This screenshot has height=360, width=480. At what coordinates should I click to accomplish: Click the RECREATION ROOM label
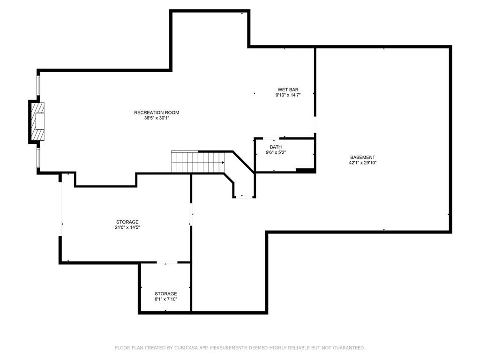coord(157,112)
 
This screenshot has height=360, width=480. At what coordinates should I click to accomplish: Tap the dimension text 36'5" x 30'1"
coord(157,118)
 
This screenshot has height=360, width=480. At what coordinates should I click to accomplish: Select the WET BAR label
coord(288,90)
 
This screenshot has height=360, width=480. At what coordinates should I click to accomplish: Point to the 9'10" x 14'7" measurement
coord(288,95)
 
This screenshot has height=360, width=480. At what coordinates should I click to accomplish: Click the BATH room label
coord(276,147)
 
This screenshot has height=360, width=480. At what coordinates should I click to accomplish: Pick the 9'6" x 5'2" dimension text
coord(276,152)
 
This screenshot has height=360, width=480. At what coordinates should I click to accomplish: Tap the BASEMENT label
coord(363,157)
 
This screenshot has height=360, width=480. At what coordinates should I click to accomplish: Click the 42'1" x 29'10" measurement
coord(363,163)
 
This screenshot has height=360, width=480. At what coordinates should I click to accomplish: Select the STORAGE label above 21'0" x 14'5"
coord(127,222)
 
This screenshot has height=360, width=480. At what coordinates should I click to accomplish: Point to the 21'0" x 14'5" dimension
coord(127,227)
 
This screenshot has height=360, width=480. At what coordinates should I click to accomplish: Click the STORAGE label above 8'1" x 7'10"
coord(166,294)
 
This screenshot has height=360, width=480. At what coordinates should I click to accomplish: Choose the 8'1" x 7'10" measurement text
coord(166,299)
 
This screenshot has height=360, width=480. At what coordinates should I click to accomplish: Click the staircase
coord(198,162)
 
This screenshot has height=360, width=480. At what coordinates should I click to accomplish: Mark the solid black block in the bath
coord(305,170)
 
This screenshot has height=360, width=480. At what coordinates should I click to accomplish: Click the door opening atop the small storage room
coord(167,262)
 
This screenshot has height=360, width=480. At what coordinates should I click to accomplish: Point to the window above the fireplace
coord(38,85)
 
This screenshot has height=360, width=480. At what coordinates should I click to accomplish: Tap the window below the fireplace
coord(38,158)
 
